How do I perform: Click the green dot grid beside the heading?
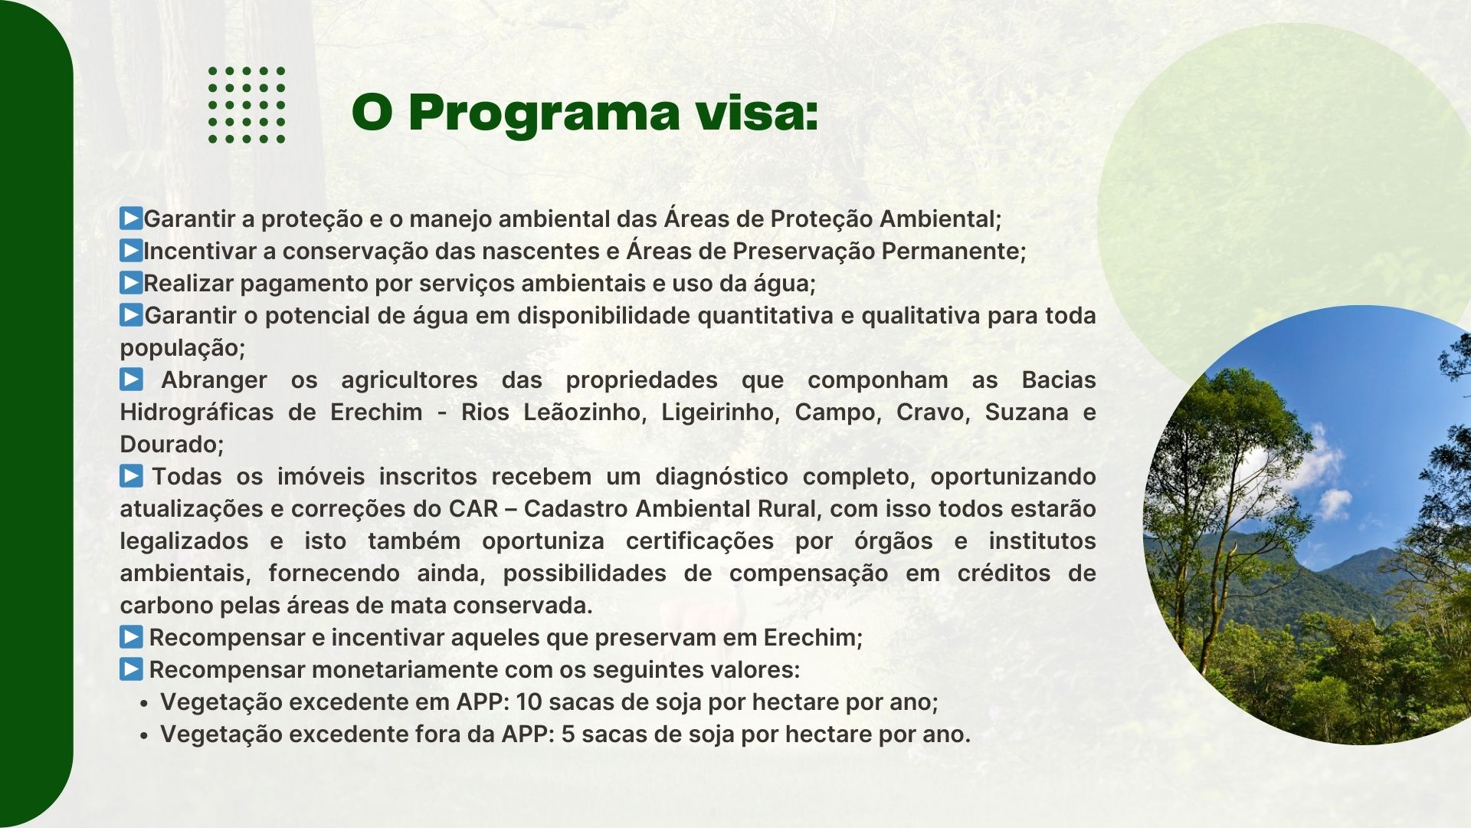tap(247, 104)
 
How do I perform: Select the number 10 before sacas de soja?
tap(529, 701)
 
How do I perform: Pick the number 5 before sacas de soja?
tap(568, 734)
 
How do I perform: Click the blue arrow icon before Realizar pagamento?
tap(131, 283)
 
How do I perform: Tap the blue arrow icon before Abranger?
tap(131, 379)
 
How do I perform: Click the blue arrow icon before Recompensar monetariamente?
tap(131, 669)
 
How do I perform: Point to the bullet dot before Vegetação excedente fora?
tap(143, 735)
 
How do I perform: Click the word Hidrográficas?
tap(197, 412)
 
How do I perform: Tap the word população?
tap(182, 349)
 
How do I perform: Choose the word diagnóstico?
tap(722, 477)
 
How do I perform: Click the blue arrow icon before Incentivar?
tap(131, 251)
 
